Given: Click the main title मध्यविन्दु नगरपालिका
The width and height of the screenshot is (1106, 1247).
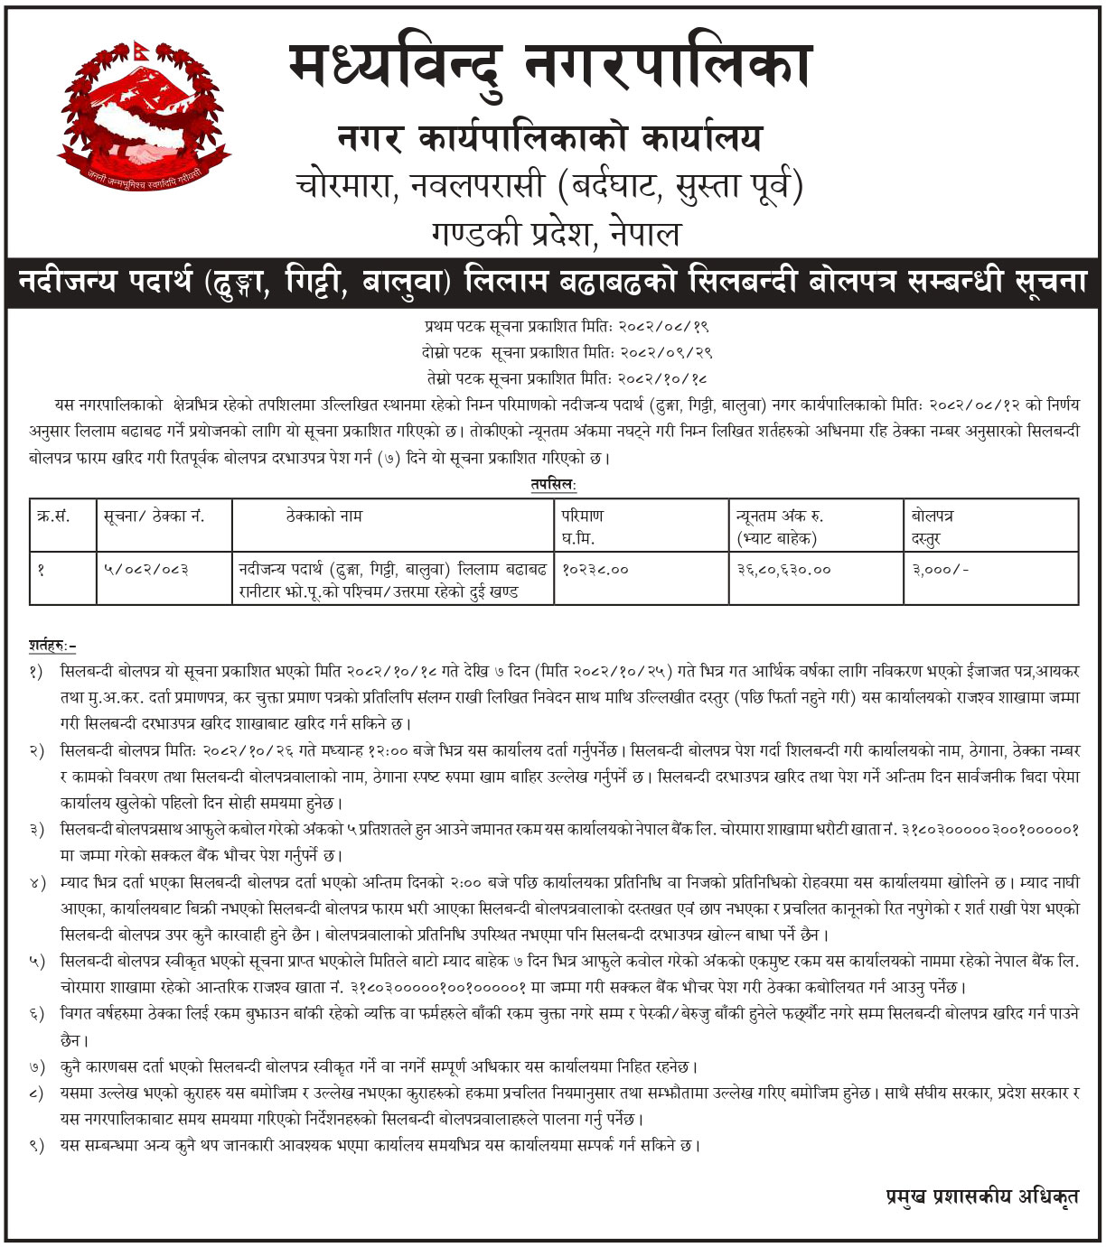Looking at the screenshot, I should point(551,66).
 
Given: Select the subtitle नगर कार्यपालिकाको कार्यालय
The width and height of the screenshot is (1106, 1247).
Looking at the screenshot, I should point(549,138).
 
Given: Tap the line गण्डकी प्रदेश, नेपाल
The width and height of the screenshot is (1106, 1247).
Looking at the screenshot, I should point(555,234).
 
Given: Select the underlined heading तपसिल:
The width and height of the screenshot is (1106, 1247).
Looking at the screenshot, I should point(553,485).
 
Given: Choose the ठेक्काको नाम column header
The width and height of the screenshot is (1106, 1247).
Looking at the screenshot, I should point(323,516).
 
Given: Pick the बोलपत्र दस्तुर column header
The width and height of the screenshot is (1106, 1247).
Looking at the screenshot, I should point(933,526).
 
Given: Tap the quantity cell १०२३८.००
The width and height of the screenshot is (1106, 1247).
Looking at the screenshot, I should point(595,570).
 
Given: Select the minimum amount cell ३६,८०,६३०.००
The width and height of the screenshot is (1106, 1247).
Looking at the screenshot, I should point(783,570).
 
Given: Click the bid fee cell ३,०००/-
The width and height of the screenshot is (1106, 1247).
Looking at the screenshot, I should point(940,570).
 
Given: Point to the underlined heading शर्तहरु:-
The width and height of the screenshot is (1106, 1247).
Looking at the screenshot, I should point(52,646).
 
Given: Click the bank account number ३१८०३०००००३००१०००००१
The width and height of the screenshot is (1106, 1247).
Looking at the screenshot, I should point(990,829).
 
